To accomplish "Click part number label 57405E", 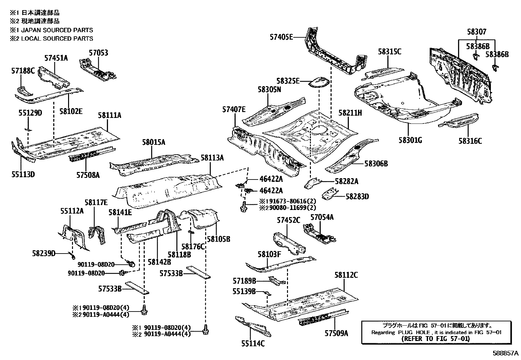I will (x=281, y=37).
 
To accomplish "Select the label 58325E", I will (x=287, y=81).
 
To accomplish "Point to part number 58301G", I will (x=410, y=140).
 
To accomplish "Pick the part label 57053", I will (x=99, y=53).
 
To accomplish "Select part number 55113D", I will (x=23, y=174).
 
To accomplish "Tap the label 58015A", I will (x=153, y=142).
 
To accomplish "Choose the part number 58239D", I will (x=44, y=253).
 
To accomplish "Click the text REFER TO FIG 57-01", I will (x=435, y=339).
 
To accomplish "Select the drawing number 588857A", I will (x=506, y=354).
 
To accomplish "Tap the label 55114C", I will (x=253, y=343).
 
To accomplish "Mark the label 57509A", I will (x=336, y=333).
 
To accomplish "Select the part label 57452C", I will (x=288, y=220).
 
